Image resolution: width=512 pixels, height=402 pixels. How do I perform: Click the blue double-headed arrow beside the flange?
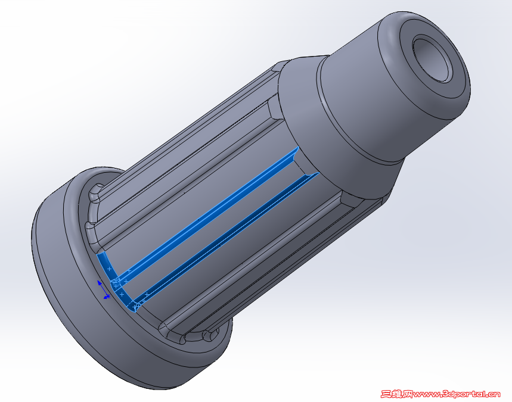103,289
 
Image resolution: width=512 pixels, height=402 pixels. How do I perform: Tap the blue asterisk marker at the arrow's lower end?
107,296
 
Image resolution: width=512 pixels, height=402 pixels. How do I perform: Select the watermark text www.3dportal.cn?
457,394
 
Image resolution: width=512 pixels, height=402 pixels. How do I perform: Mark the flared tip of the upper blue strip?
295,152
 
